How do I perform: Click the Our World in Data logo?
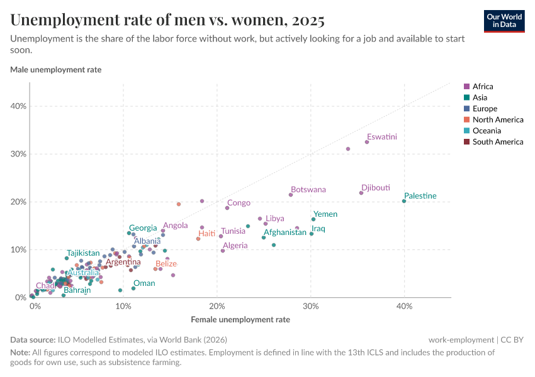(x=504, y=21)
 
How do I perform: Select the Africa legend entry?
(x=482, y=87)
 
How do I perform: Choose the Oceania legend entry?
(x=485, y=131)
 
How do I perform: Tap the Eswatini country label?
(x=381, y=136)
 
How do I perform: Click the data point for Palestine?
(x=404, y=201)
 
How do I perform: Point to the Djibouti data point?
(x=361, y=193)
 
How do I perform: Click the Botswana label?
(x=308, y=189)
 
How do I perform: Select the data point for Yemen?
(x=313, y=219)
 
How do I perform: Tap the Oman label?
(x=144, y=283)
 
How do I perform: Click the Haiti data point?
(x=198, y=239)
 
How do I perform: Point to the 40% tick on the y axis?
(x=18, y=106)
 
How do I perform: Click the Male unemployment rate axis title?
(x=55, y=70)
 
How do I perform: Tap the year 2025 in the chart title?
(x=308, y=21)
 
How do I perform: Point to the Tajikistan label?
(x=83, y=253)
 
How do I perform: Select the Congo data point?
(x=227, y=208)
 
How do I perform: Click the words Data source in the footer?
(x=32, y=340)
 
